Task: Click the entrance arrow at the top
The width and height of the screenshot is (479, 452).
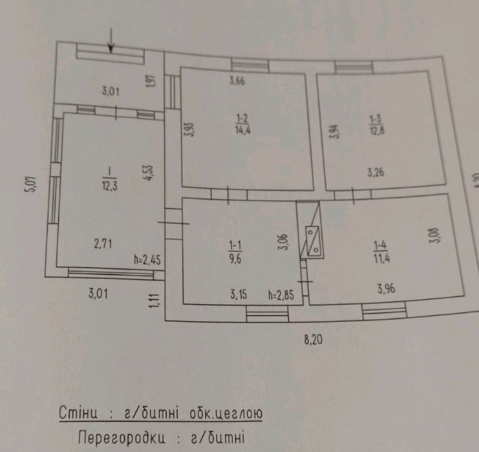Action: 111,43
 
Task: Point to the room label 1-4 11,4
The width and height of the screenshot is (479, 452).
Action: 381,251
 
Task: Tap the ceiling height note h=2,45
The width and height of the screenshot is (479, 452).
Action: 146,261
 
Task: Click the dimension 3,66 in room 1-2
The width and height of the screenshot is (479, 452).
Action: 239,81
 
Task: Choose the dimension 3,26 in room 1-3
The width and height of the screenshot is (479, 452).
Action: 378,172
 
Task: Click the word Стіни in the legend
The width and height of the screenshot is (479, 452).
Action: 78,413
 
